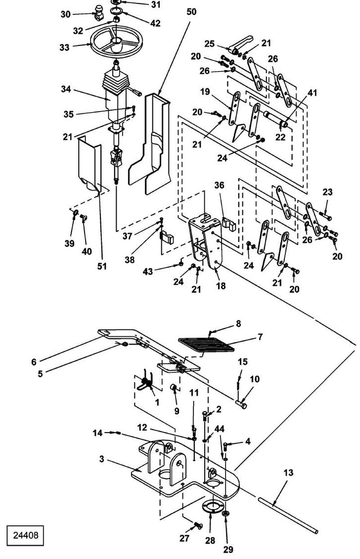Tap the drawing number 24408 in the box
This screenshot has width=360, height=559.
click(26, 535)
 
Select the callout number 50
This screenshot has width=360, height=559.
click(191, 12)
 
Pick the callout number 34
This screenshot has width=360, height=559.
click(66, 89)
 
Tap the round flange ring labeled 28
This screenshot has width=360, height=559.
click(212, 506)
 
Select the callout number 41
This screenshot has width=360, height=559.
click(312, 93)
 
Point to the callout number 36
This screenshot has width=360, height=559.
click(219, 185)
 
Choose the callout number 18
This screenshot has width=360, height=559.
click(221, 286)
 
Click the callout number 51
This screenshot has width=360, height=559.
click(102, 266)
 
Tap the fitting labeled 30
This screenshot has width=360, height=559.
click(99, 14)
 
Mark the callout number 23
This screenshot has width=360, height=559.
click(327, 192)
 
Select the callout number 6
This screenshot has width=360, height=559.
click(34, 362)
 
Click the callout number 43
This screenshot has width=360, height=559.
click(148, 272)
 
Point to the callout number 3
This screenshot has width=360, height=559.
click(101, 459)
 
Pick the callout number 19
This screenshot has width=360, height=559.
click(205, 92)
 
